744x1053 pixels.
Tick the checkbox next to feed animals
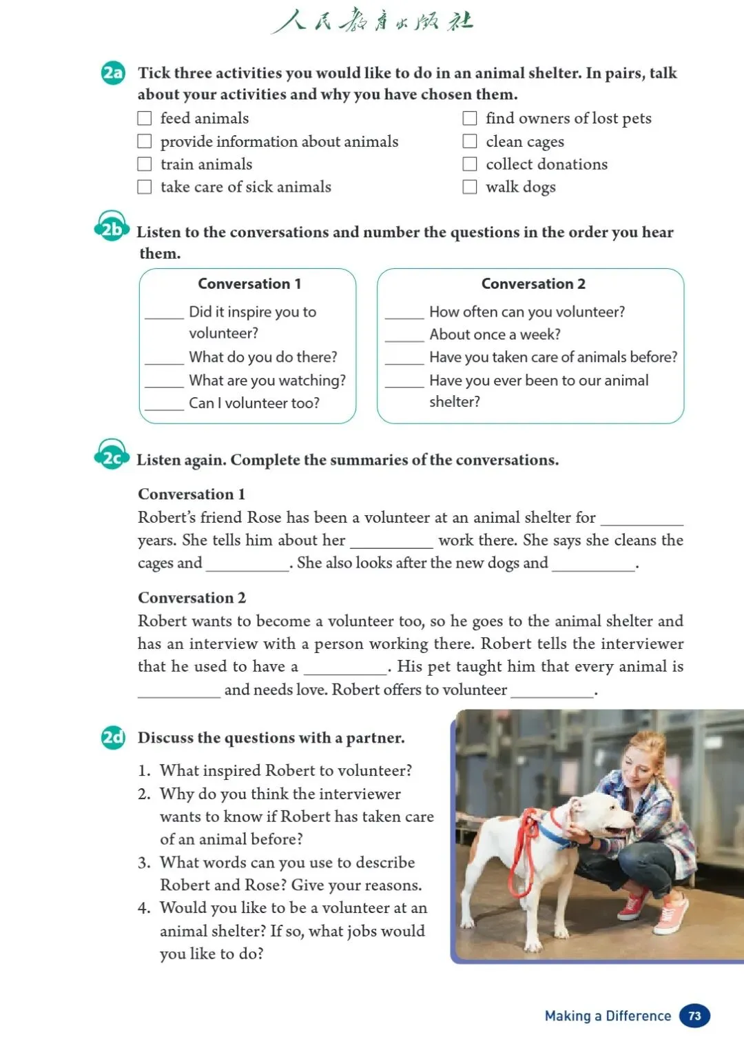pyautogui.click(x=145, y=119)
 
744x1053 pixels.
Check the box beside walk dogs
pyautogui.click(x=470, y=187)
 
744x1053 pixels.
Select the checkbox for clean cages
pyautogui.click(x=470, y=141)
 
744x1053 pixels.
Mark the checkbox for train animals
pyautogui.click(x=145, y=164)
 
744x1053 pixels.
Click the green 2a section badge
pyautogui.click(x=113, y=73)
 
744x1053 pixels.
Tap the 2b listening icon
pyautogui.click(x=112, y=228)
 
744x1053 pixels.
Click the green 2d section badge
pyautogui.click(x=113, y=738)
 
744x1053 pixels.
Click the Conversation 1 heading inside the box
pyautogui.click(x=249, y=284)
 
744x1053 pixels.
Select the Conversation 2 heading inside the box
pyautogui.click(x=533, y=284)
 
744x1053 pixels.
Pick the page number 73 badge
pyautogui.click(x=694, y=1016)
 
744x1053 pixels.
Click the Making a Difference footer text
pyautogui.click(x=608, y=1016)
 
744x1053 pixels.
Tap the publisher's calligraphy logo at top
pyautogui.click(x=372, y=21)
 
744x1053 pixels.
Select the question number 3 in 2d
pyautogui.click(x=143, y=863)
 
